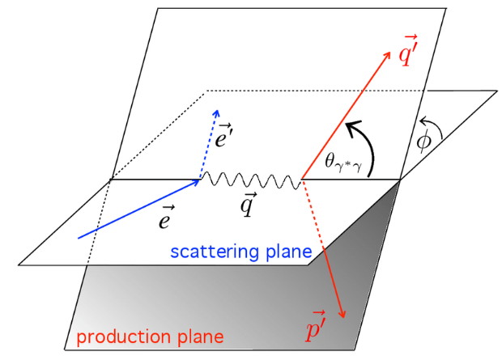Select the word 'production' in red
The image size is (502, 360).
coord(113,335)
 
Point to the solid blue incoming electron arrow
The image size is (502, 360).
coord(138,209)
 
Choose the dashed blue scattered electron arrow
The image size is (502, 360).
coord(207,146)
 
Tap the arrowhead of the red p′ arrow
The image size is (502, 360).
coord(343,313)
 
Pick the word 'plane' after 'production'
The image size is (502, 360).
coord(198,335)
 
